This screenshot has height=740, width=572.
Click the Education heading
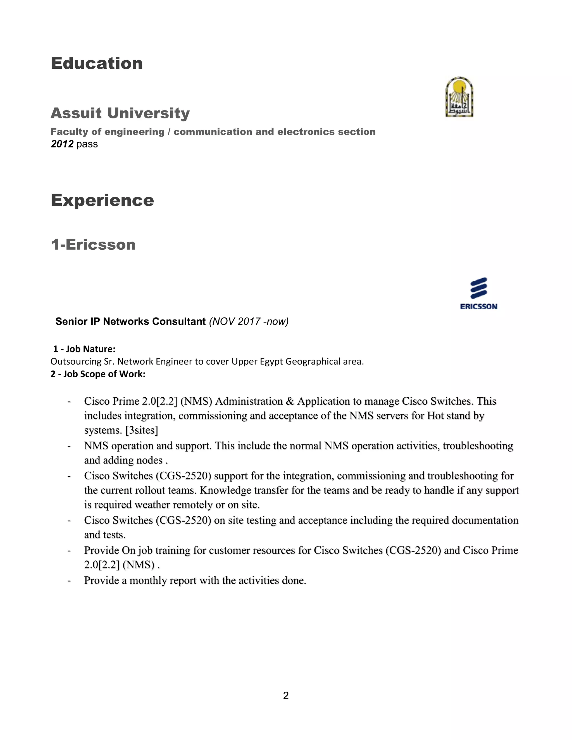[x=97, y=63]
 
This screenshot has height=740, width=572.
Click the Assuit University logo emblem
[x=459, y=97]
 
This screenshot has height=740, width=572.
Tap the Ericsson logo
[x=478, y=293]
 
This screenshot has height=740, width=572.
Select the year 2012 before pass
[x=62, y=144]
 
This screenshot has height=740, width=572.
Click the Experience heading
[x=102, y=200]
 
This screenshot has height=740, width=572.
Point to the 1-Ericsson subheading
[x=93, y=244]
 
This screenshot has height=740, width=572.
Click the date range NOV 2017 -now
[x=249, y=321]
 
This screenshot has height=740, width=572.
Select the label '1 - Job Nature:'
[x=84, y=349]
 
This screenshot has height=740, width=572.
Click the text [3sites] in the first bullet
[x=141, y=430]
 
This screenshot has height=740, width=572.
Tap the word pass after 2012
[x=87, y=144]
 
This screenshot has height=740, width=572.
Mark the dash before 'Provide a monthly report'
[x=69, y=581]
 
